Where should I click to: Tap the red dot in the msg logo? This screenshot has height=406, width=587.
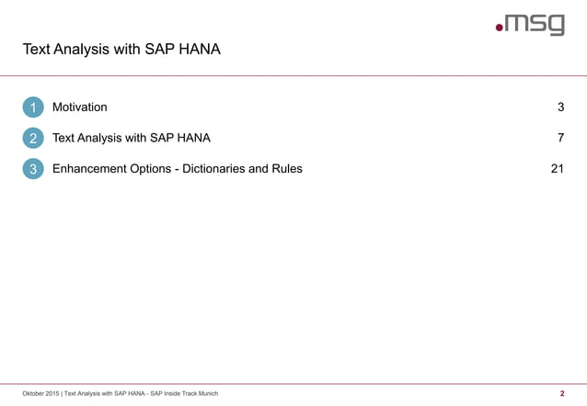[500, 29]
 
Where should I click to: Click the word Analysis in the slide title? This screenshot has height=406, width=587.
[86, 49]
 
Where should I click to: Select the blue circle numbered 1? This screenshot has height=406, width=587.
[33, 107]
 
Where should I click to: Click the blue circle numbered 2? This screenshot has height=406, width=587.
[33, 139]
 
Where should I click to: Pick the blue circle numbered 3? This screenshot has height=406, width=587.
[33, 169]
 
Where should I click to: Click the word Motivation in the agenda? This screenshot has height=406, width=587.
[79, 107]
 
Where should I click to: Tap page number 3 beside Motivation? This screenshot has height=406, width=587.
[560, 107]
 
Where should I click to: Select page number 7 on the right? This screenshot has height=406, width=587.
[560, 139]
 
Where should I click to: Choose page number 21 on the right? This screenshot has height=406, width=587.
[557, 169]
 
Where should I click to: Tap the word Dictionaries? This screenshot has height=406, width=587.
[233, 169]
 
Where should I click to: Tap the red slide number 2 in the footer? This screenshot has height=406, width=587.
[561, 394]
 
